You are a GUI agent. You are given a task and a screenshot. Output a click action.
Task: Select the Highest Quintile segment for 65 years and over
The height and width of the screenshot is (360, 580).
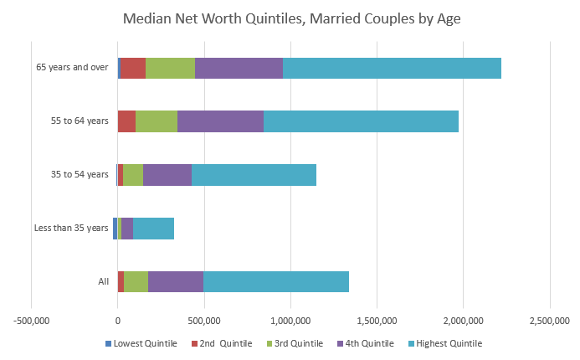[x=392, y=68]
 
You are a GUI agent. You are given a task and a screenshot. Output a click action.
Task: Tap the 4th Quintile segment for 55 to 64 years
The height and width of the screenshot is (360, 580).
[x=220, y=121]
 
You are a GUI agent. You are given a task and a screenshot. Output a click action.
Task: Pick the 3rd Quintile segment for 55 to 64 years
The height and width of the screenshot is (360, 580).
[x=157, y=121]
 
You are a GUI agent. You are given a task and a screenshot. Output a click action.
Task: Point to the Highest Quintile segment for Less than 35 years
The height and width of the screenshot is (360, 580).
[x=153, y=228]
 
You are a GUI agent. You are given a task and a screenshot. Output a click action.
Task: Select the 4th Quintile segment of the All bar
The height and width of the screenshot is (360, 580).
[x=176, y=281]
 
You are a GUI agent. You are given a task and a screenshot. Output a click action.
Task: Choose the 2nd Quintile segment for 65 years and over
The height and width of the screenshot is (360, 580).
[x=133, y=68]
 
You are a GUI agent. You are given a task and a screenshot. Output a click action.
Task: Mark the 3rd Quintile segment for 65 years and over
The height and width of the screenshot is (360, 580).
[x=170, y=68]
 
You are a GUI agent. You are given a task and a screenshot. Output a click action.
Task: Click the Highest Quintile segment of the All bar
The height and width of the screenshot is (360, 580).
[x=276, y=281]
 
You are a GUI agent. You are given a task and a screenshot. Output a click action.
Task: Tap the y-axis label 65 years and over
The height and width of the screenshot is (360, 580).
[x=72, y=68]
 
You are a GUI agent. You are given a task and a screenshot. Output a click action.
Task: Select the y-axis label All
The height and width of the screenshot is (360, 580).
[x=104, y=281]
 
